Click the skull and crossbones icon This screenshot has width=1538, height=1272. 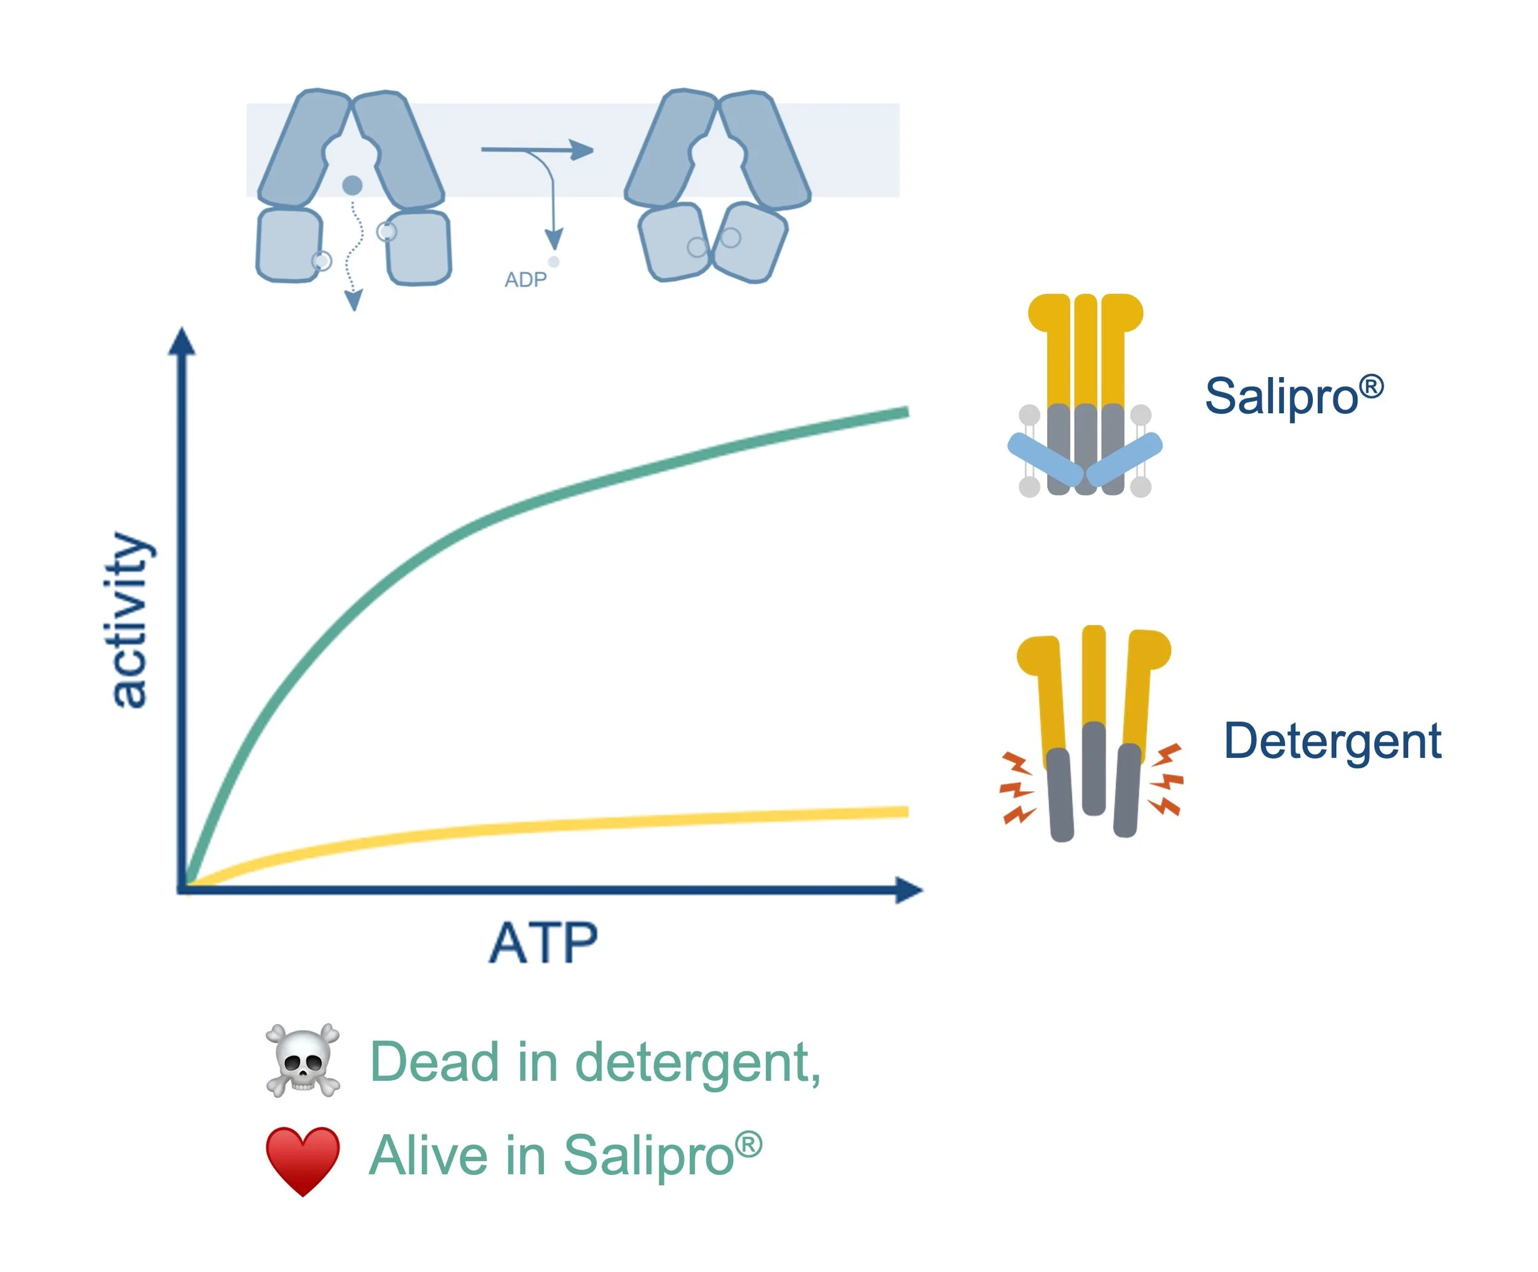coord(303,1060)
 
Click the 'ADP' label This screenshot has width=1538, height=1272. coord(525,280)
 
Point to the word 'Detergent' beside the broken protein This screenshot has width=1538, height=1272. coord(1332,741)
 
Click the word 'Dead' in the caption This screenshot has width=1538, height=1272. coord(434,1061)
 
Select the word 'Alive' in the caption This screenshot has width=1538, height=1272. coord(428,1156)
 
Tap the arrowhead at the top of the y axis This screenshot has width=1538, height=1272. coord(181,341)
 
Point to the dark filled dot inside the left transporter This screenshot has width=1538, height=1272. coord(353,185)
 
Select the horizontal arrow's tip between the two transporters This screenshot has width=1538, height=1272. coord(582,150)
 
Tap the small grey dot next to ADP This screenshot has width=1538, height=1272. coord(554,261)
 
